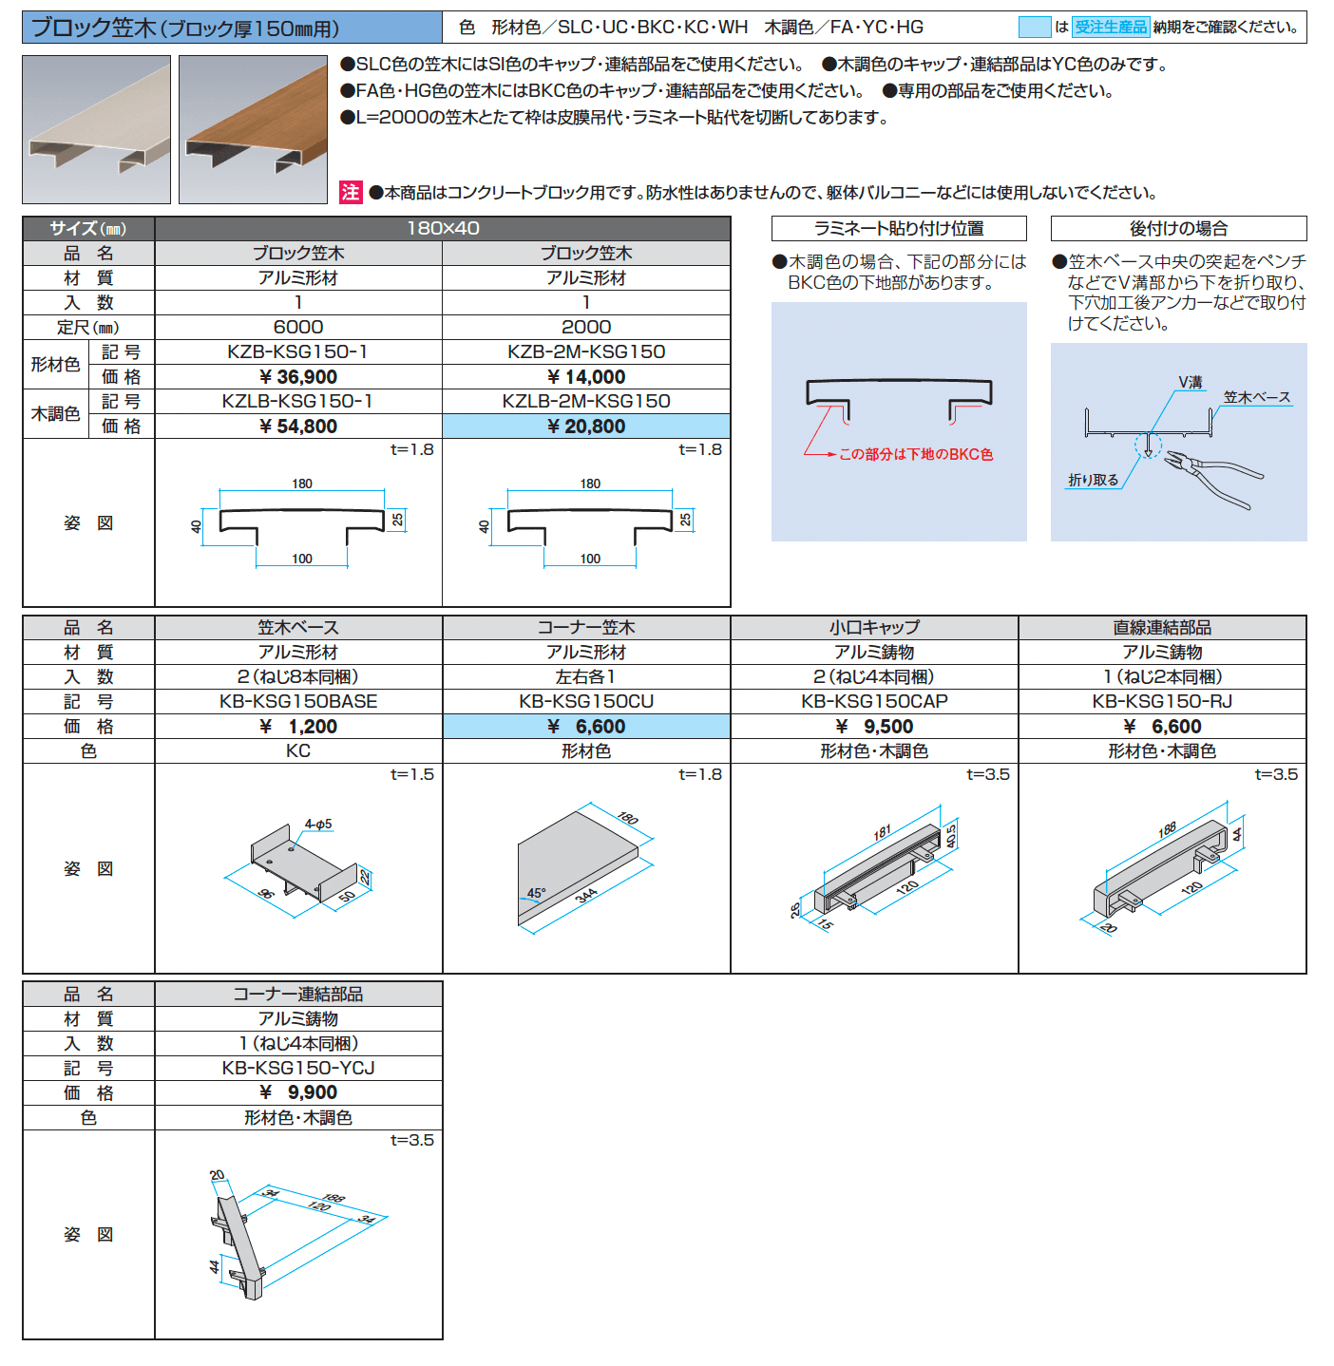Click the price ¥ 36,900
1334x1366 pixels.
pyautogui.click(x=298, y=377)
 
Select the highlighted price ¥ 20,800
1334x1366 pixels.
pyautogui.click(x=586, y=427)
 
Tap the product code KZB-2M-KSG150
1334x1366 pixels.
pyautogui.click(x=586, y=351)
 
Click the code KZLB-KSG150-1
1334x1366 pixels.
pyautogui.click(x=297, y=402)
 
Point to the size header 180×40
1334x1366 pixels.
pyautogui.click(x=443, y=228)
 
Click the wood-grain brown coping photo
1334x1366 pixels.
pyautogui.click(x=253, y=129)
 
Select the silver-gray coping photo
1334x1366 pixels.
pyautogui.click(x=96, y=129)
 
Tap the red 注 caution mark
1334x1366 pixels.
pyautogui.click(x=351, y=193)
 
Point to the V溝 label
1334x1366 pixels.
pyautogui.click(x=1190, y=382)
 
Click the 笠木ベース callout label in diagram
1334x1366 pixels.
pyautogui.click(x=1256, y=397)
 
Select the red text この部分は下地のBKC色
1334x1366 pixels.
pyautogui.click(x=915, y=454)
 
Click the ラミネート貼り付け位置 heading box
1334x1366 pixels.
pyautogui.click(x=899, y=229)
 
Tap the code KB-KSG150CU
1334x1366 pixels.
pyautogui.click(x=586, y=702)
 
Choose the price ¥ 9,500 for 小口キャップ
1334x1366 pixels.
pyautogui.click(x=874, y=727)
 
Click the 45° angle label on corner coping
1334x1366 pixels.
pyautogui.click(x=536, y=893)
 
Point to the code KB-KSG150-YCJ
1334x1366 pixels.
pyautogui.click(x=298, y=1068)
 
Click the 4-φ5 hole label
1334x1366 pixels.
pyautogui.click(x=318, y=824)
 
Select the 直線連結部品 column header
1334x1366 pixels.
pyautogui.click(x=1161, y=628)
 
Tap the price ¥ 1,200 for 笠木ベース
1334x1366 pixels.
pyautogui.click(x=298, y=727)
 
